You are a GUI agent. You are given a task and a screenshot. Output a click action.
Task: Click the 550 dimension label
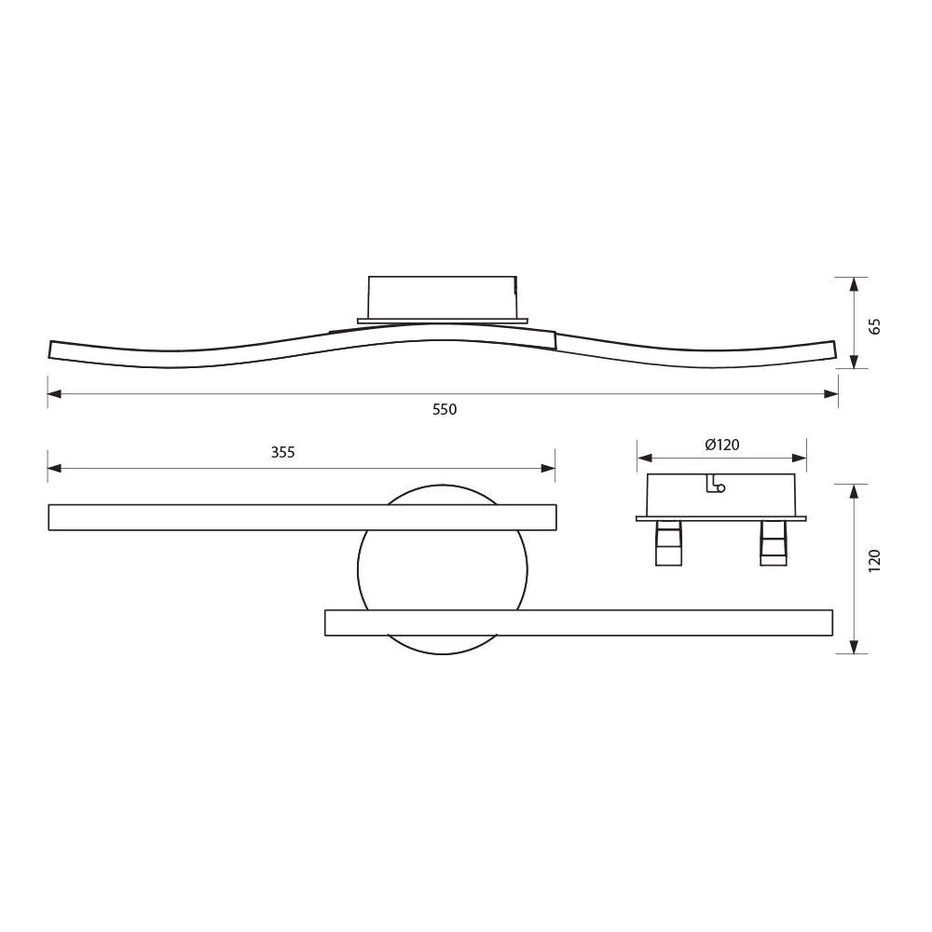tap(445, 410)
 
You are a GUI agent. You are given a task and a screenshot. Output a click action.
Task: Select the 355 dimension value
tap(282, 453)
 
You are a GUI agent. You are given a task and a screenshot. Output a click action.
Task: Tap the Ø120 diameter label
tap(721, 445)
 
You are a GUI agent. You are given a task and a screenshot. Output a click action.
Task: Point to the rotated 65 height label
tap(873, 325)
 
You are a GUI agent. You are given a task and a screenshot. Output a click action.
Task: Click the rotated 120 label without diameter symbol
tap(873, 560)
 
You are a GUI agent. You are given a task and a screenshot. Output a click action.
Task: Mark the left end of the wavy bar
tap(53, 349)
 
